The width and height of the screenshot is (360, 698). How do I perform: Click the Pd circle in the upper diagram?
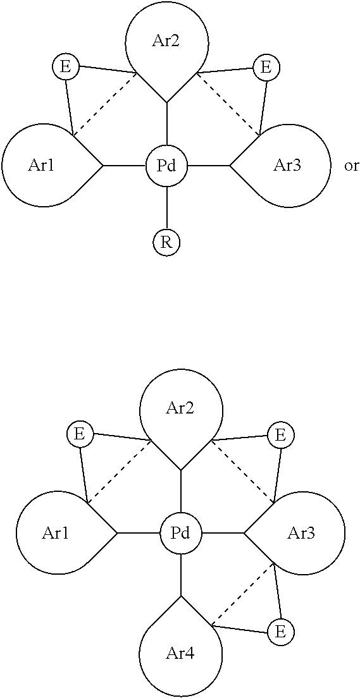166,166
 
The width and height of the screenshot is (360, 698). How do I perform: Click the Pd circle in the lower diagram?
180,533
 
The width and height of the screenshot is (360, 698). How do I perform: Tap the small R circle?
166,242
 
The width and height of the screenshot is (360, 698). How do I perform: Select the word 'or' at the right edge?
351,166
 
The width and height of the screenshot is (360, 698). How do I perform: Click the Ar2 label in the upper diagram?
166,42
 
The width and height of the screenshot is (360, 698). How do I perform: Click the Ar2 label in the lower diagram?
180,408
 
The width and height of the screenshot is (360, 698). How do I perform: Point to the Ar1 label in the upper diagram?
41,166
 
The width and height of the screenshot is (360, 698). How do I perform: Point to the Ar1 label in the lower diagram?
55,533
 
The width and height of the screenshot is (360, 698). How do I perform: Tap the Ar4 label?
180,653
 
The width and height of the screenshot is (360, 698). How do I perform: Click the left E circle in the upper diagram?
65,67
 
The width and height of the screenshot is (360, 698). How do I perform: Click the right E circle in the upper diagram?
266,67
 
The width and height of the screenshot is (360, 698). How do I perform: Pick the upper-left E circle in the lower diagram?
79,434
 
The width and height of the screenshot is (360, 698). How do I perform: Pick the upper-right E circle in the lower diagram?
280,434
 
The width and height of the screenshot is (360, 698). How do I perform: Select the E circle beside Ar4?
280,632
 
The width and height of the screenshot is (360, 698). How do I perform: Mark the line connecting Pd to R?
166,208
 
